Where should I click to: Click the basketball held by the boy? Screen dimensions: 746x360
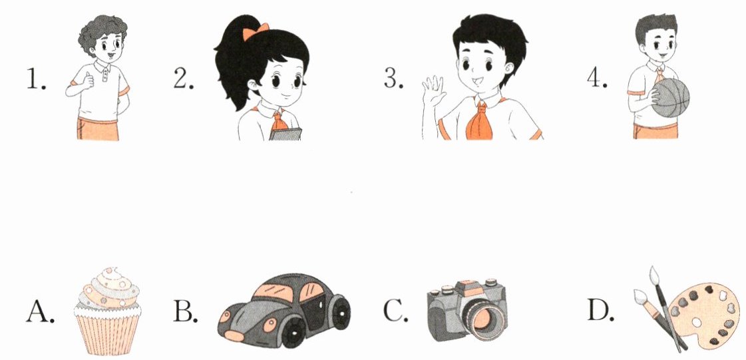(x=670, y=98)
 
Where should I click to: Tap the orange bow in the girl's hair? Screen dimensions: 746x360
(x=256, y=32)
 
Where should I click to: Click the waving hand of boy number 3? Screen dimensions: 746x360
(x=433, y=91)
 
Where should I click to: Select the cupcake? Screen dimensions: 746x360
(x=108, y=311)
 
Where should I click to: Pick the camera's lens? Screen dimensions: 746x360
(x=482, y=319)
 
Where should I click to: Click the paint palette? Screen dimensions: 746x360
(x=703, y=314)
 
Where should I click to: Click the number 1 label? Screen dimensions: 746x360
(x=36, y=79)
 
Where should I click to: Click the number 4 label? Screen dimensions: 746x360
(x=597, y=79)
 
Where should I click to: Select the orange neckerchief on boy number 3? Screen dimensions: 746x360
(x=479, y=120)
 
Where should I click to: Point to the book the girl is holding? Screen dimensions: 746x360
(x=285, y=134)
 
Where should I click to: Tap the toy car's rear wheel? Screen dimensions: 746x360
(x=341, y=312)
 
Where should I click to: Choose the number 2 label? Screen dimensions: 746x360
(x=184, y=79)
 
